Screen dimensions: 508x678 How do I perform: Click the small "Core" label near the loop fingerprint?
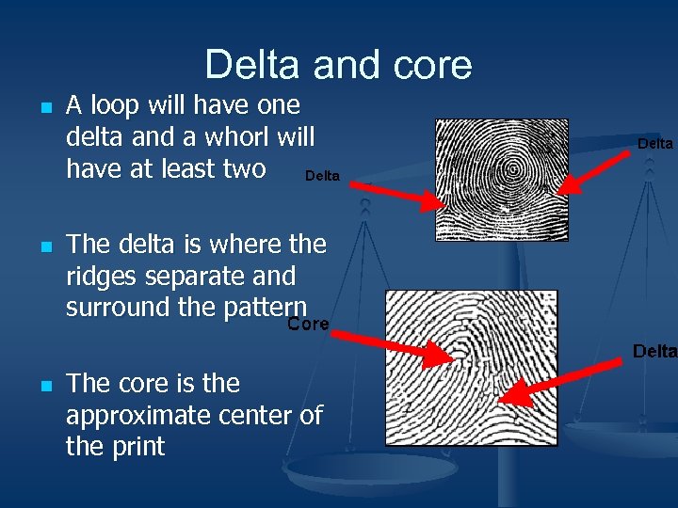(x=308, y=324)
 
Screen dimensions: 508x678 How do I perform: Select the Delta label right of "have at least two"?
(x=323, y=176)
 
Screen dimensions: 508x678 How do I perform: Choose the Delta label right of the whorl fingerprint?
(x=655, y=144)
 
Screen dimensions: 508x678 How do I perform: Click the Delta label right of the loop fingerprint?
(x=654, y=351)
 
